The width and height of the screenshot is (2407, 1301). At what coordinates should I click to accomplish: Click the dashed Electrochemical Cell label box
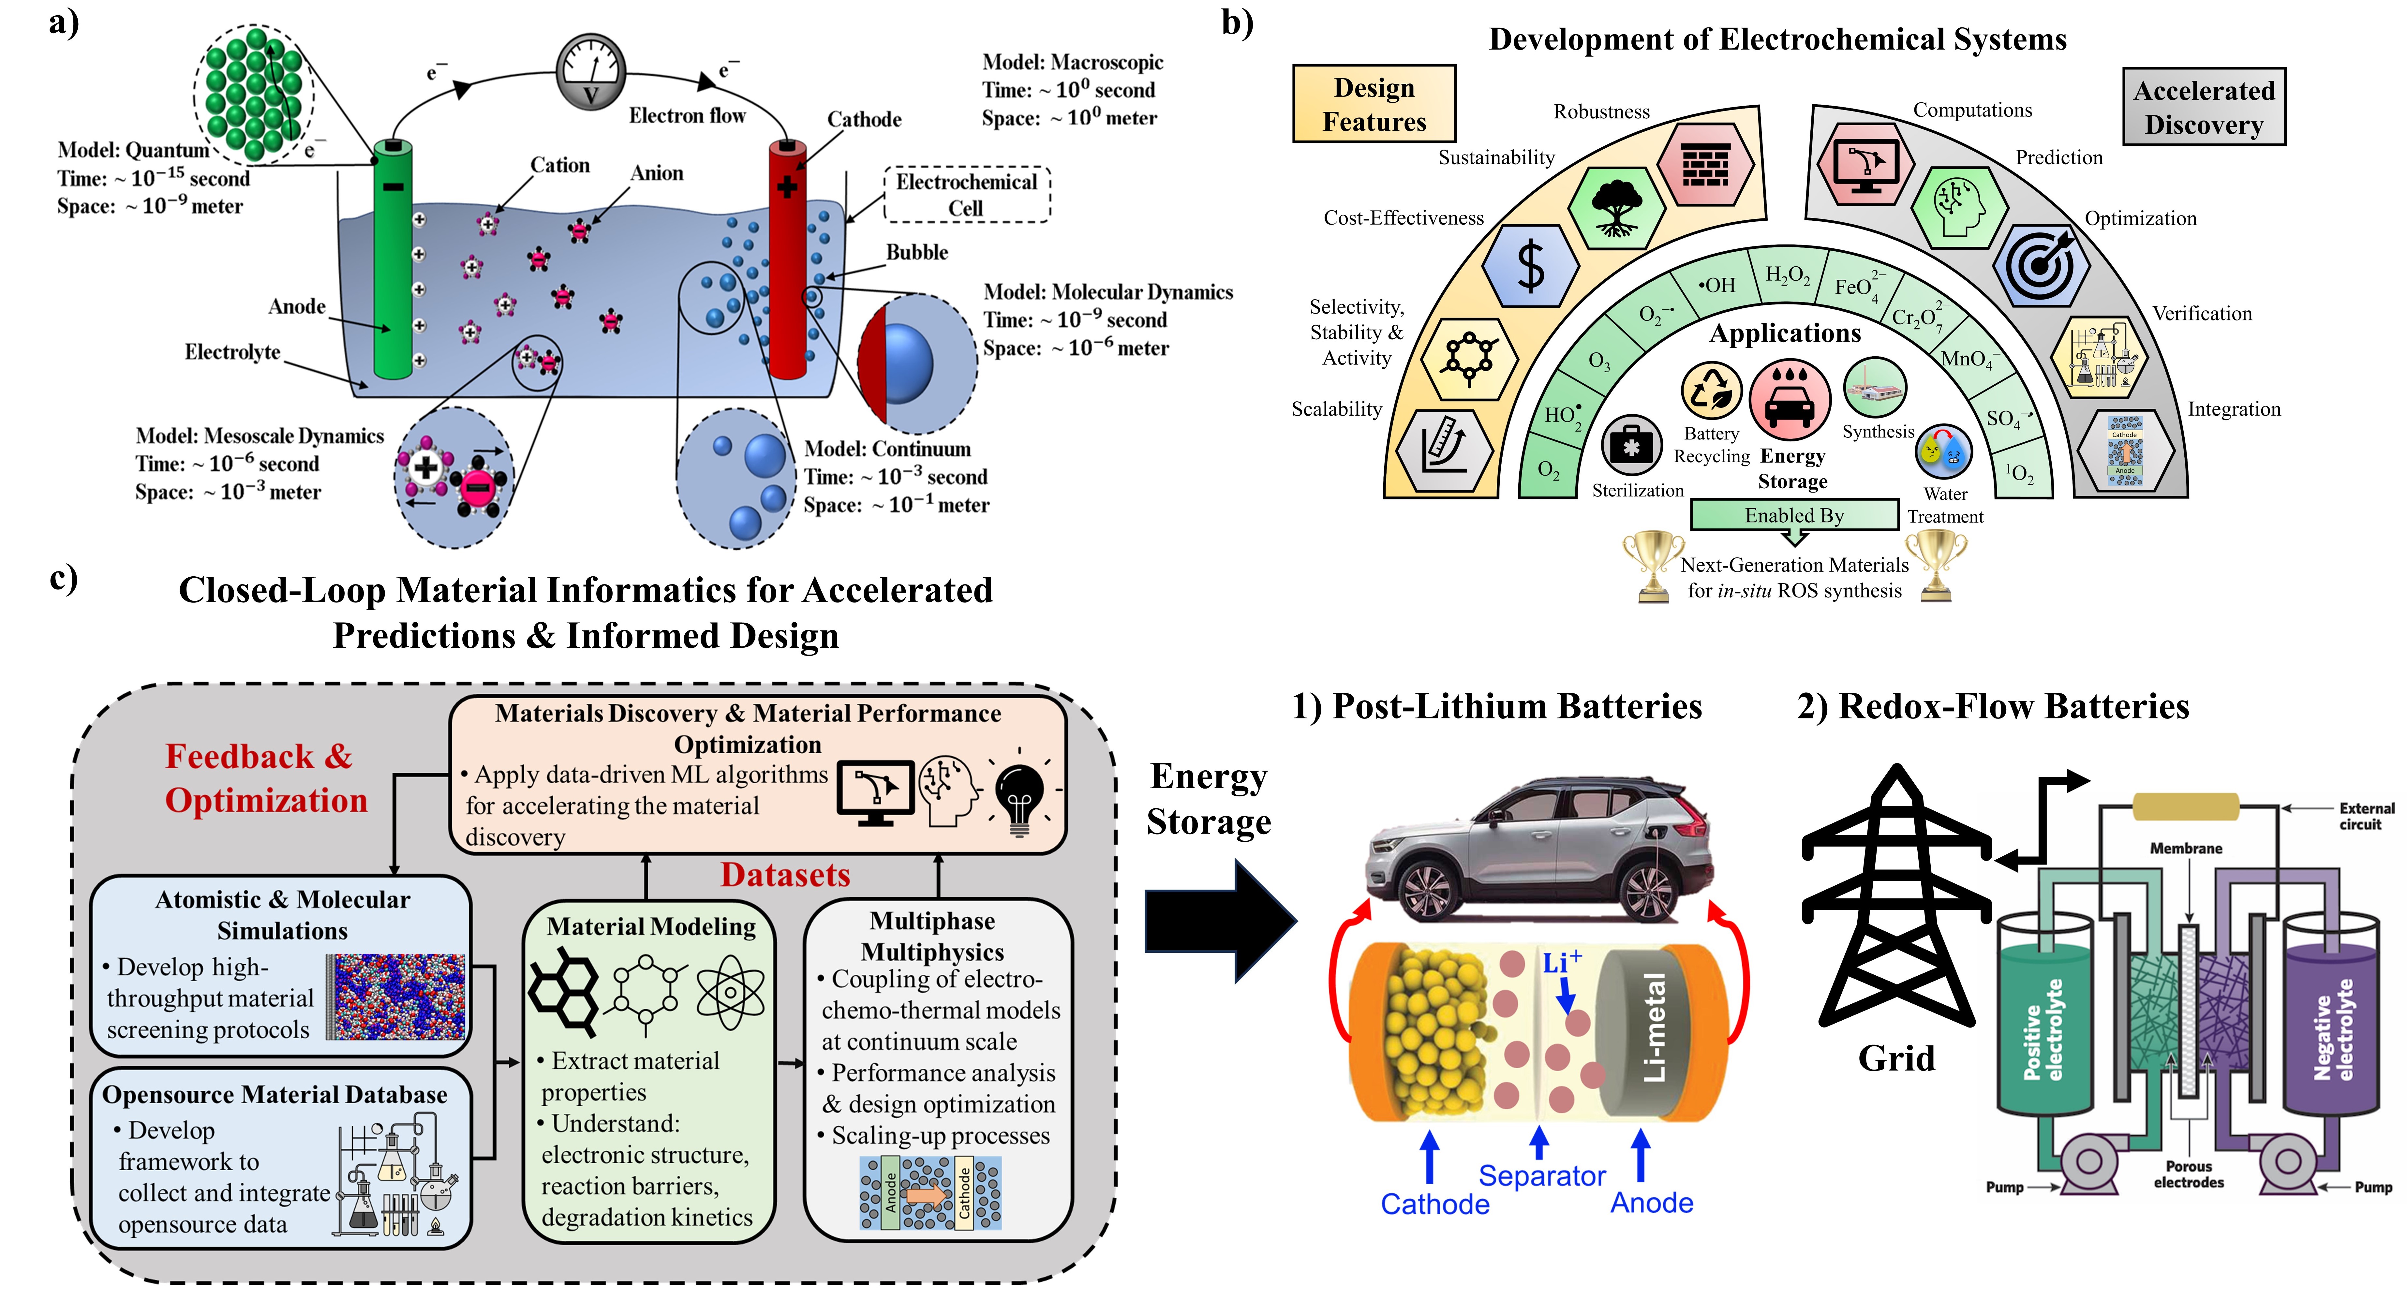point(967,194)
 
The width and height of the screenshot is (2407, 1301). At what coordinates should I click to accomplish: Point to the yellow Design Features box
point(1374,104)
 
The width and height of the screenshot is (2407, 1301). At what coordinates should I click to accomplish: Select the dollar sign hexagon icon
point(1531,266)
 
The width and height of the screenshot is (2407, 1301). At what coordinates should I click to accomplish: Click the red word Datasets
point(785,875)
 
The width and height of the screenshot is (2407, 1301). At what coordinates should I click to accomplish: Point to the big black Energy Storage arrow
point(1219,921)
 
